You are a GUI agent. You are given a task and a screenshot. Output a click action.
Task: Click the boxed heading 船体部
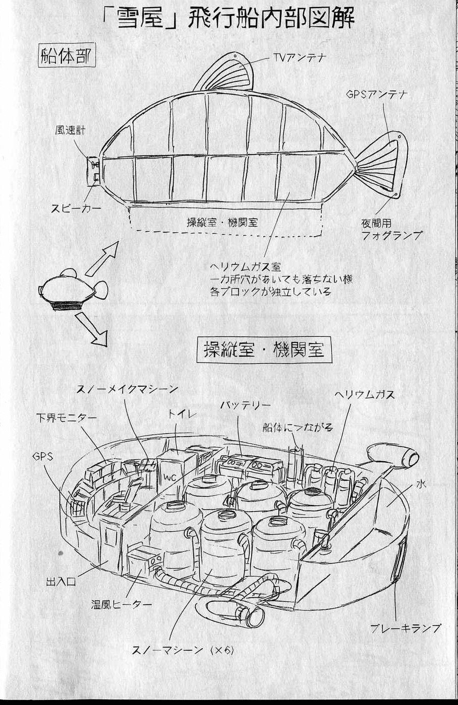66,56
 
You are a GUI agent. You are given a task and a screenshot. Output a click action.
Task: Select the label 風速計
70,130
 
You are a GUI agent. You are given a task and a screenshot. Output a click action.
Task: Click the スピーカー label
75,207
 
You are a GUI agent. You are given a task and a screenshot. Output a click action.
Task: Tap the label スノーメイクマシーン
127,389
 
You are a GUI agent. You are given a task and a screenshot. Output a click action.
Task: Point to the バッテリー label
245,405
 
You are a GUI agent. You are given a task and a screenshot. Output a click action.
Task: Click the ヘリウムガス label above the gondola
365,395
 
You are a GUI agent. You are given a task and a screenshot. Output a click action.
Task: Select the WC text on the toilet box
166,476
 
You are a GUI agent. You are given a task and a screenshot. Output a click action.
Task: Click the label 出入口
60,582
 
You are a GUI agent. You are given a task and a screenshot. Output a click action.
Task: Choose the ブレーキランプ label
405,628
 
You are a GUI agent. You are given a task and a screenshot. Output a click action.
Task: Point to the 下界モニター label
66,418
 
